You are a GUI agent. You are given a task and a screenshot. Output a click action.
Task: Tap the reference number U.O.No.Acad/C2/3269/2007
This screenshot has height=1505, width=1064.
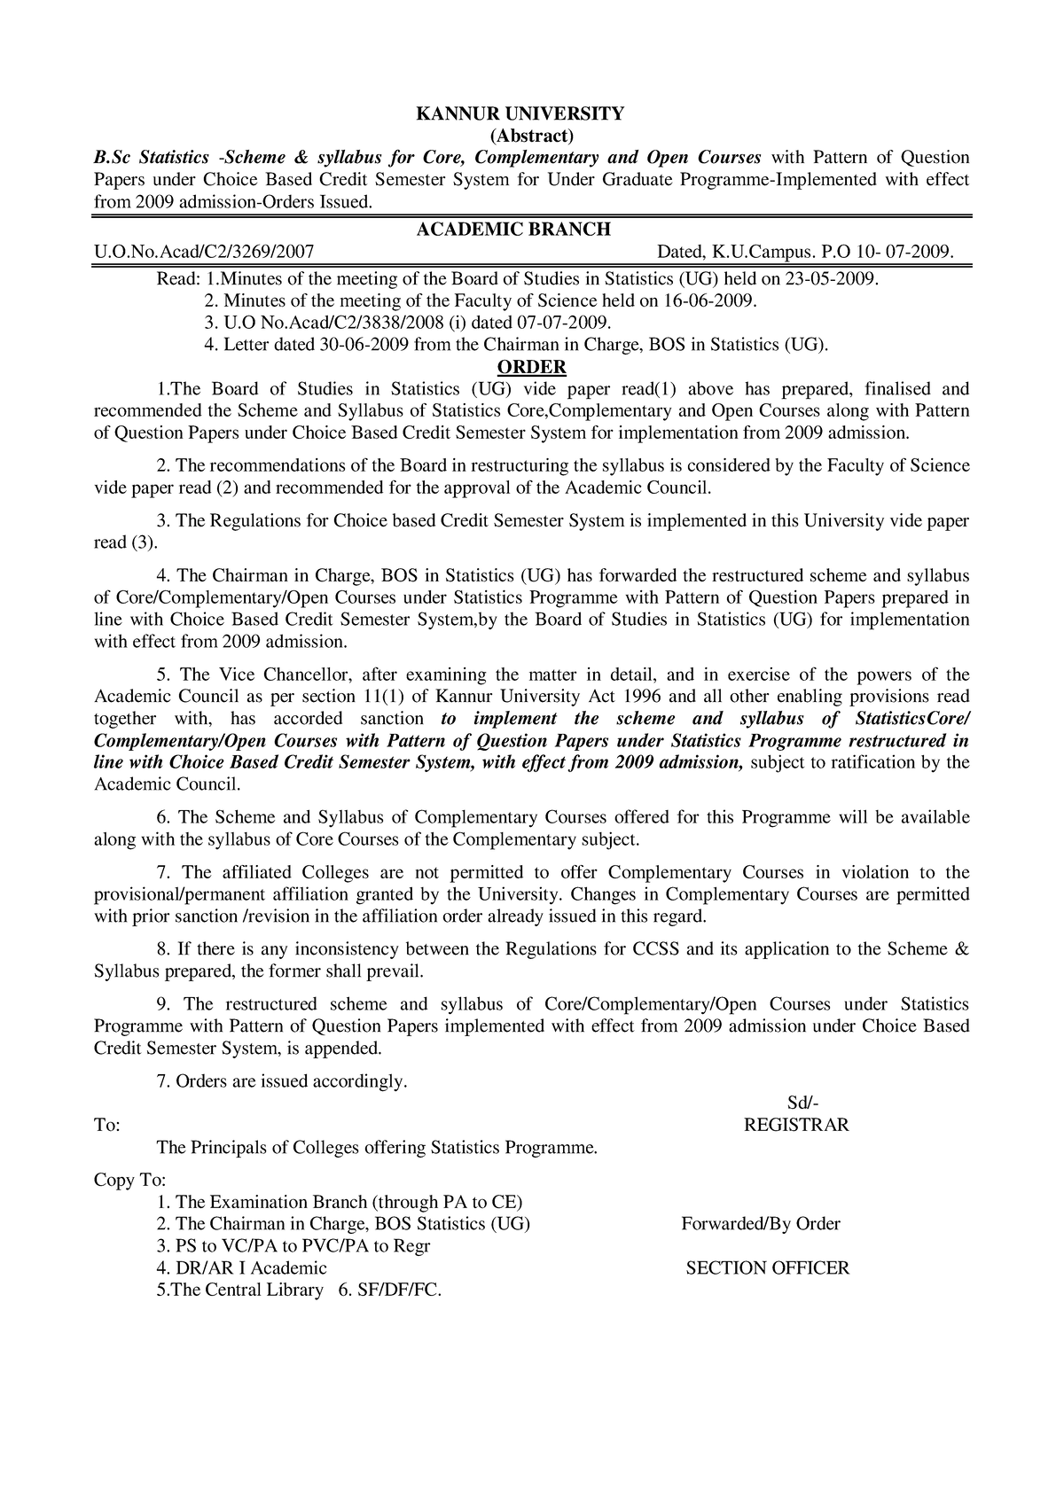(204, 253)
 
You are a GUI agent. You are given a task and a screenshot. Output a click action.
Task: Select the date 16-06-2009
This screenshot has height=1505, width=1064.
(713, 301)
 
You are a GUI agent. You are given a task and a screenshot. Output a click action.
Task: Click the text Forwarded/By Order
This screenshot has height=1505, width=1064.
(761, 1224)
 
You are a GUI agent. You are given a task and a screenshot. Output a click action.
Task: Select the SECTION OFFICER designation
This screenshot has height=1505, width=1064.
(768, 1268)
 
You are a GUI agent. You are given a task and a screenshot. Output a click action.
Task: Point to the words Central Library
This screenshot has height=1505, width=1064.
(263, 1291)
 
